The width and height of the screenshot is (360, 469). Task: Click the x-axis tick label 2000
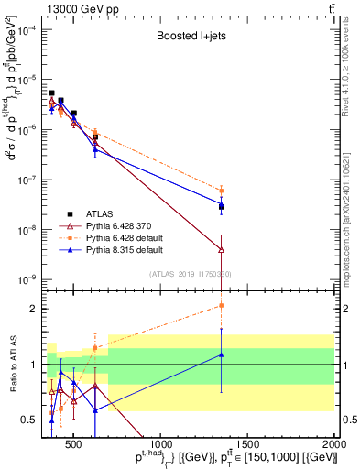pyautogui.click(x=335, y=444)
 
